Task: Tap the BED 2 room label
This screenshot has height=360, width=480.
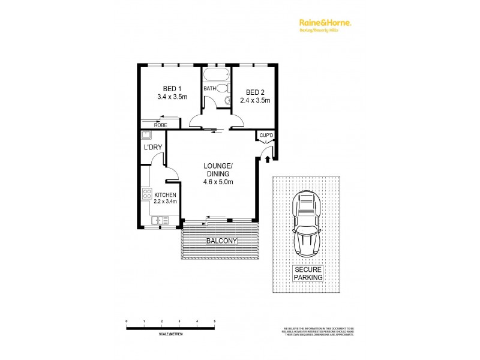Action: pos(255,92)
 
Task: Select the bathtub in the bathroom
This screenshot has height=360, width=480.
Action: pos(215,76)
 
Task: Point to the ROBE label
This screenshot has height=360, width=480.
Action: pos(160,125)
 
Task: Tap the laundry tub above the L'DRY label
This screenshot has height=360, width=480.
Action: pos(146,135)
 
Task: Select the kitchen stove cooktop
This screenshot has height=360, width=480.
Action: pos(146,194)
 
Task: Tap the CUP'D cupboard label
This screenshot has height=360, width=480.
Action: pos(266,136)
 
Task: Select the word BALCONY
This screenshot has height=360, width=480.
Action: pos(221,241)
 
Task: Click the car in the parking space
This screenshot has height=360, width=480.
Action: pos(307,222)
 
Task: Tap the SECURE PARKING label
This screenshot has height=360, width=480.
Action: pos(308,274)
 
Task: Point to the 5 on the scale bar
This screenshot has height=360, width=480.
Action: pos(214,322)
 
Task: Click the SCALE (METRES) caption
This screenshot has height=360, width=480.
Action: pos(171,334)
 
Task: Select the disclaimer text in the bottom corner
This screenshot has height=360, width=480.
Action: pos(318,331)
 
